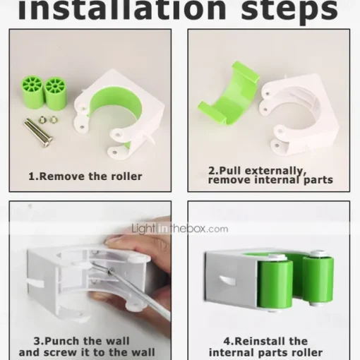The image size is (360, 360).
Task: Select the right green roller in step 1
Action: [56, 94]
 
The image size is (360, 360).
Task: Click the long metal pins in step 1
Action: [38, 133]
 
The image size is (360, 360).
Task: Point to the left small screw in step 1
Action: [42, 120]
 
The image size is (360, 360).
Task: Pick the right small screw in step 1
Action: [54, 120]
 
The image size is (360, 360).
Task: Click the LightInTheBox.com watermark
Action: [180, 229]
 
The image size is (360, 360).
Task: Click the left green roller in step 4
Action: [275, 284]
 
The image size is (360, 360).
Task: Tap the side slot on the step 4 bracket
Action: [228, 281]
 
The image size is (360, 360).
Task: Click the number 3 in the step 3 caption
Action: [37, 341]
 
